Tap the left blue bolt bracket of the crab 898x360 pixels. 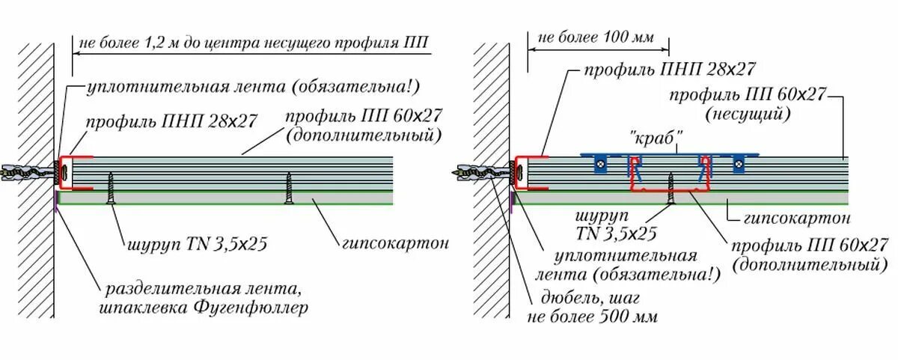(599, 163)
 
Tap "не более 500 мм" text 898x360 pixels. (593, 317)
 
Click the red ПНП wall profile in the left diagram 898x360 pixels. (75, 172)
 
